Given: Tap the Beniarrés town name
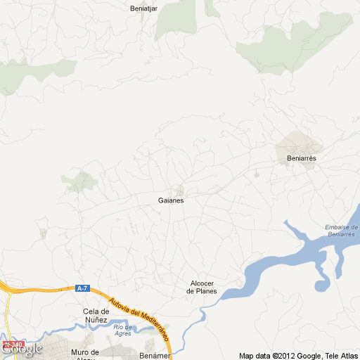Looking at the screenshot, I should point(302,159).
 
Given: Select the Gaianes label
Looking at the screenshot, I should point(171,200).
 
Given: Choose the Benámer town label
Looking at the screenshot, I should point(155,355).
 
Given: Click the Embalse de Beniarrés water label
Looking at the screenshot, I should point(342,230).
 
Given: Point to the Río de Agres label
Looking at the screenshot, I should point(124,330).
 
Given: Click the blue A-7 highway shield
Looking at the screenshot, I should point(83,288).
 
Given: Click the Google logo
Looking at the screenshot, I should point(21,349).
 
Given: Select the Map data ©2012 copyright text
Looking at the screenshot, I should point(266,355).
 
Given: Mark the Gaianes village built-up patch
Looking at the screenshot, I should point(181,190).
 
